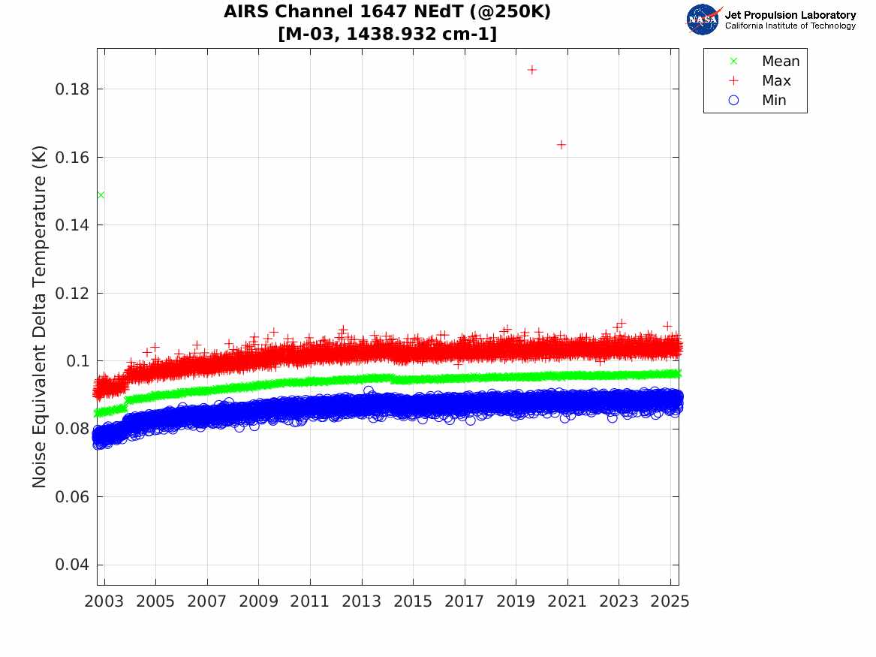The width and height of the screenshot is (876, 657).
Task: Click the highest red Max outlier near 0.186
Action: [532, 70]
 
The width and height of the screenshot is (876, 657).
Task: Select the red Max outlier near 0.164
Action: [561, 144]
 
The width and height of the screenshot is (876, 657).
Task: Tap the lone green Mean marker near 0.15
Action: [101, 195]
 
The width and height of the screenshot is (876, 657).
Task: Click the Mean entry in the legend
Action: [781, 62]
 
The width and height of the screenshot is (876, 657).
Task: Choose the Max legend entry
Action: [776, 81]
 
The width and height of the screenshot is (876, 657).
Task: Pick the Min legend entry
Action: [774, 101]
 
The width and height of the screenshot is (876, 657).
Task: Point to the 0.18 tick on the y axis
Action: [72, 89]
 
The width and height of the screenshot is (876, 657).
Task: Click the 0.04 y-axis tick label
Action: [72, 565]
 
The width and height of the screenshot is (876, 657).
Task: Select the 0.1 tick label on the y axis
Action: [77, 361]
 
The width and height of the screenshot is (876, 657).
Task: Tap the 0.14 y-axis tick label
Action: [72, 225]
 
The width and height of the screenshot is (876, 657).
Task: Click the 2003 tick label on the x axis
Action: [105, 602]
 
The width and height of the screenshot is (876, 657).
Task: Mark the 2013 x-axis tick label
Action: [362, 602]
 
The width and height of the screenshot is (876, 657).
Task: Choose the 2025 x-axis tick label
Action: [670, 602]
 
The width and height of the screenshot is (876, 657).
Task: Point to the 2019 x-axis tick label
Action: [516, 602]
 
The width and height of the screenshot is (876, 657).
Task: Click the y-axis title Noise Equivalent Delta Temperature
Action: [40, 317]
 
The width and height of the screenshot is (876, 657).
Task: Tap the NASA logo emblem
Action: [703, 20]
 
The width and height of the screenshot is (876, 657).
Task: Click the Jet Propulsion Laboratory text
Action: [790, 15]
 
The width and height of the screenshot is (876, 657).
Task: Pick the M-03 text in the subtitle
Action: [311, 34]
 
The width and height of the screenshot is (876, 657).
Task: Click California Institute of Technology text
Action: [790, 26]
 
